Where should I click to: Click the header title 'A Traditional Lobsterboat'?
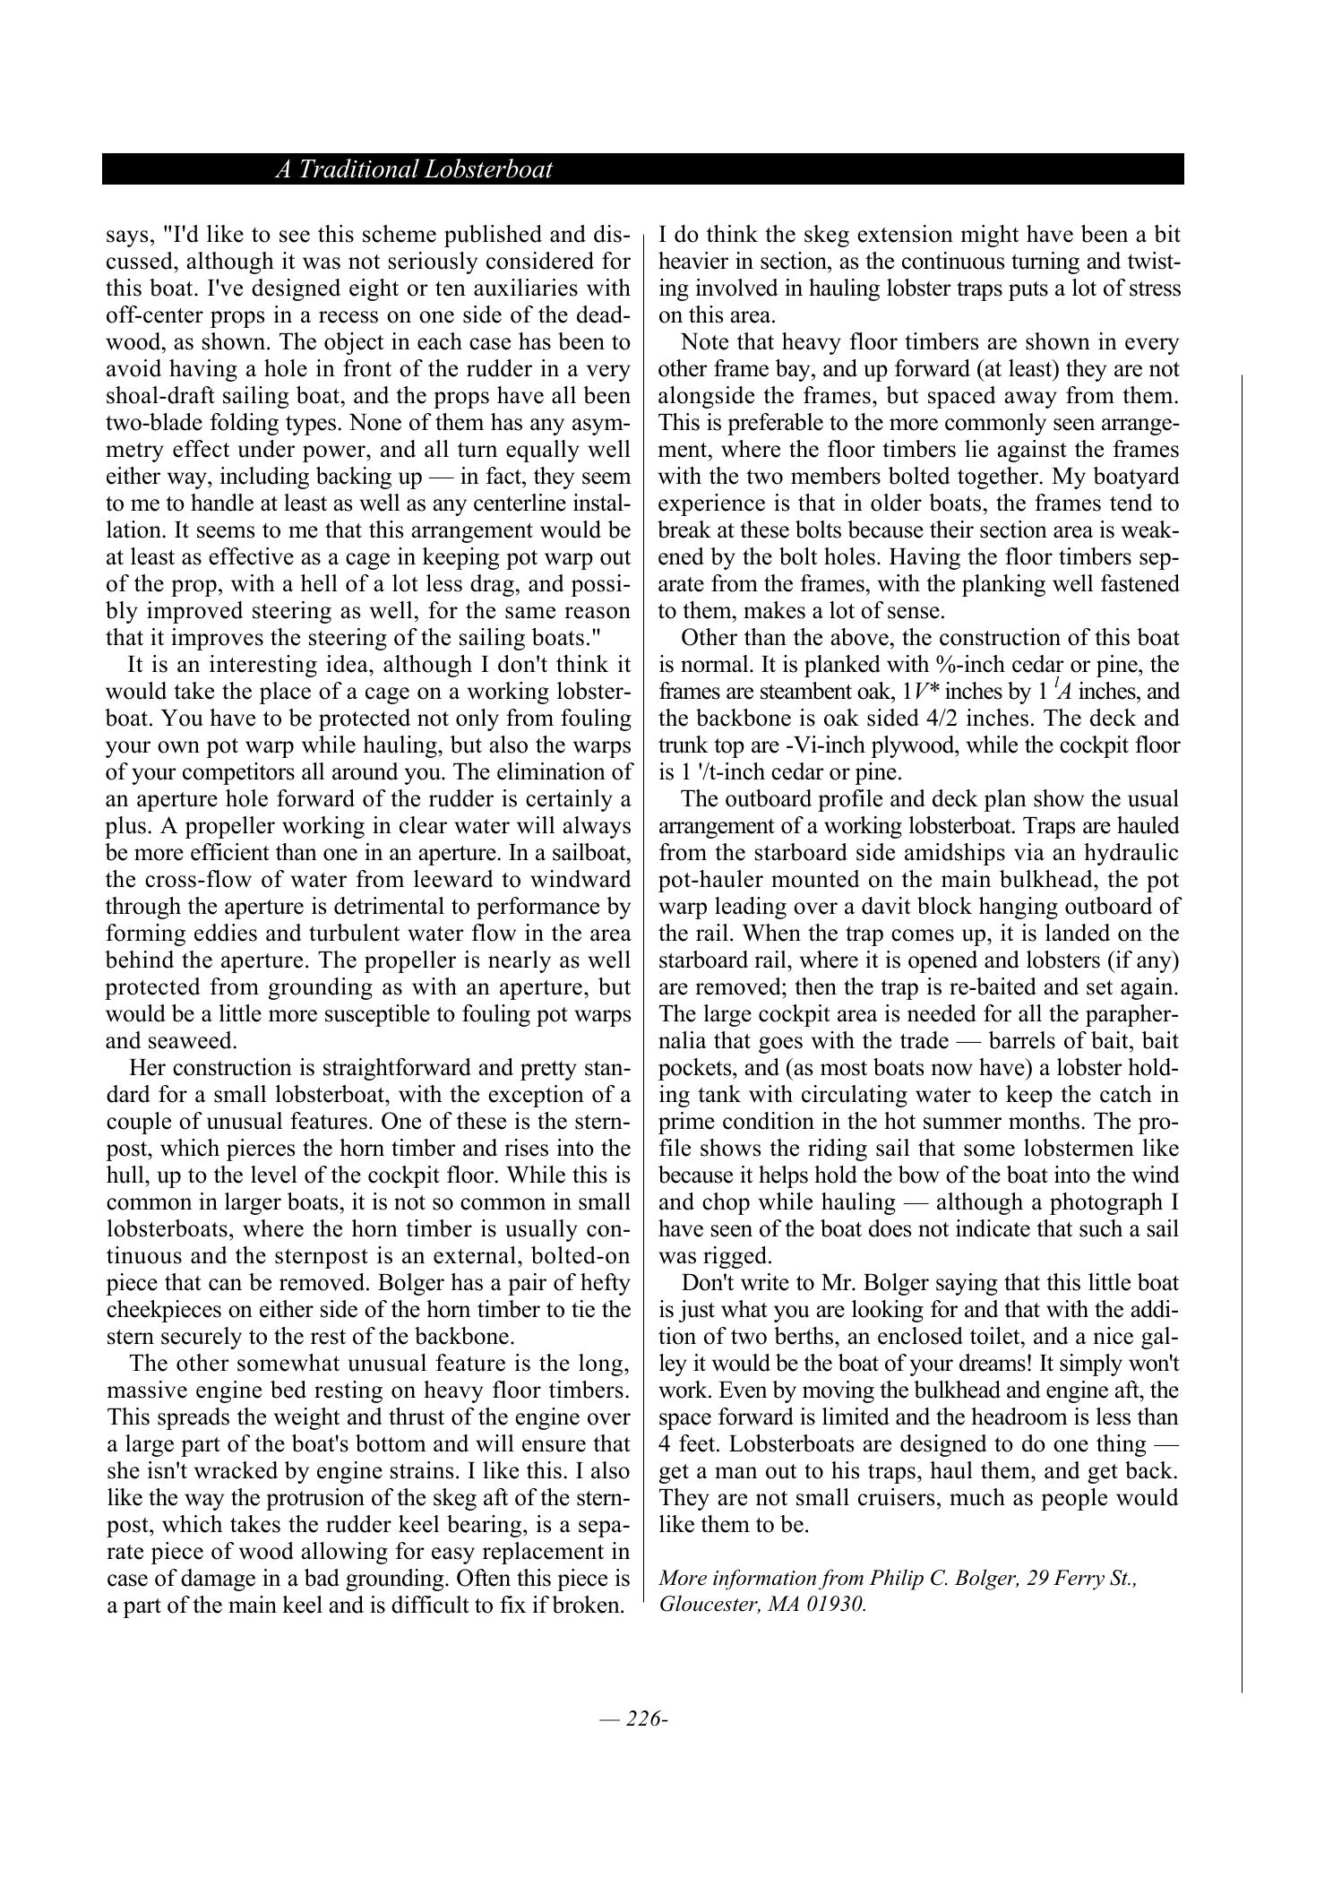point(413,169)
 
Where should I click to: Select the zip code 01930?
point(835,1603)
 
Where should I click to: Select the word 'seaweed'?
point(197,1040)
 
